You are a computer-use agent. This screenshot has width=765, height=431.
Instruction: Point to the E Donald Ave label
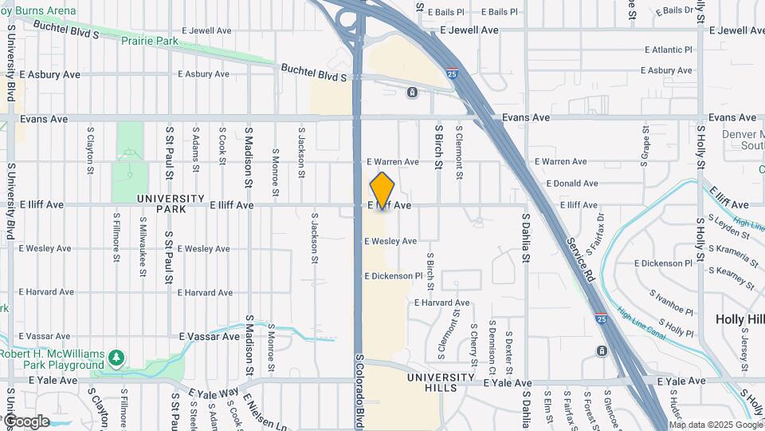coord(572,184)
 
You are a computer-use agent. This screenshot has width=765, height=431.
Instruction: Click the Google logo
coord(25,421)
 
